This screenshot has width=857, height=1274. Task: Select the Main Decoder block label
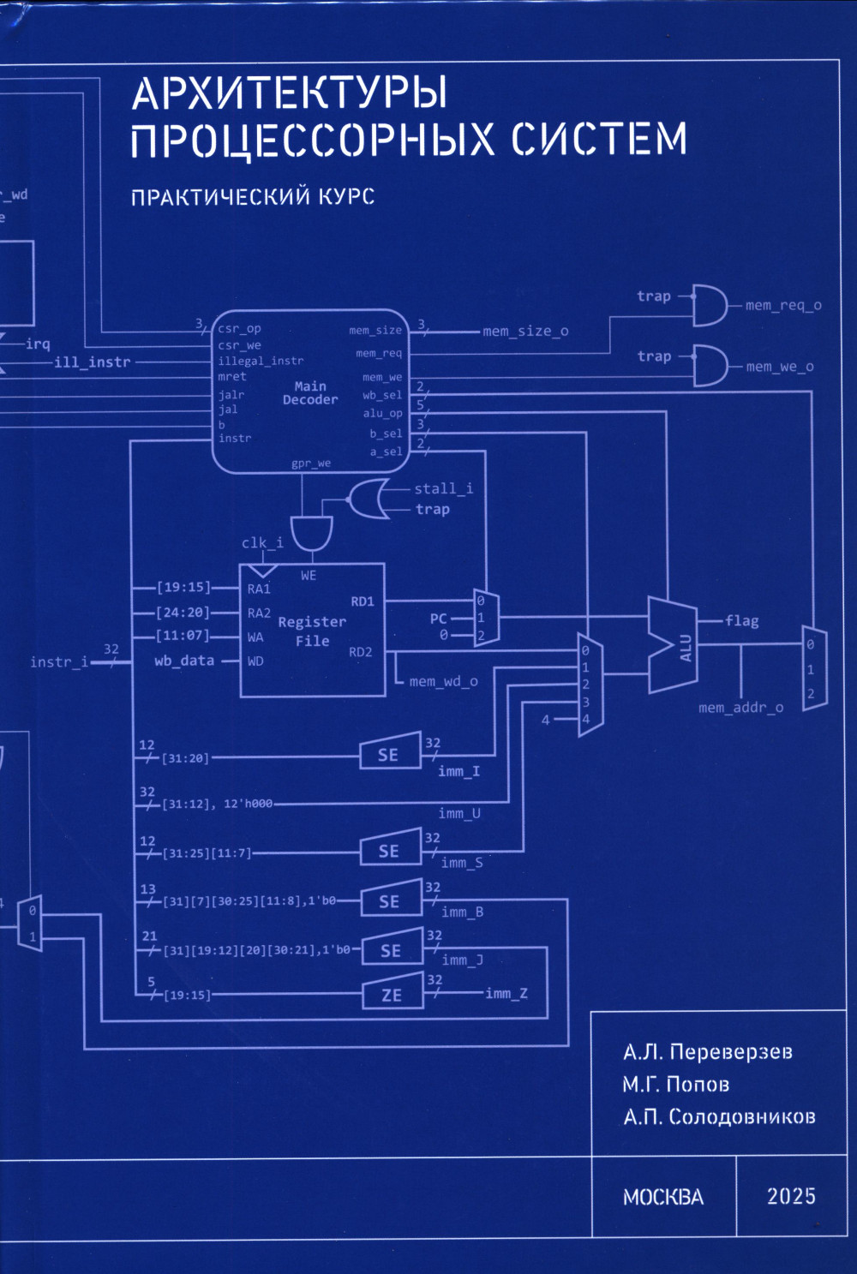(310, 393)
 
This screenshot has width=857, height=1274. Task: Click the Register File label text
(312, 631)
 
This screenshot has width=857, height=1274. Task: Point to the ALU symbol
(674, 645)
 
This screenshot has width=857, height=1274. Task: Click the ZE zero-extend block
(392, 995)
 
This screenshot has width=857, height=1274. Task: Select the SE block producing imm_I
(389, 754)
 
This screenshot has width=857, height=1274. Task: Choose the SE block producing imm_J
(391, 950)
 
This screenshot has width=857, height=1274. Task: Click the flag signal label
(741, 621)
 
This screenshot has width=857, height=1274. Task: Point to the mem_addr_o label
(740, 708)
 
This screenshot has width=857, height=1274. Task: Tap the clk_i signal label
(262, 542)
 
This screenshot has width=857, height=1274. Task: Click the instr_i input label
(59, 661)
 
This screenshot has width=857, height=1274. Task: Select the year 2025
(790, 1196)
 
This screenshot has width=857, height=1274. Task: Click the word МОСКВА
(663, 1197)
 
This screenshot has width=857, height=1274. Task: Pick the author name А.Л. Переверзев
(707, 1052)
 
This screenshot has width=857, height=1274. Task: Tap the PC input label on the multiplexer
(439, 619)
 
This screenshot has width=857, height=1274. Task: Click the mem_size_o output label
(525, 332)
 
